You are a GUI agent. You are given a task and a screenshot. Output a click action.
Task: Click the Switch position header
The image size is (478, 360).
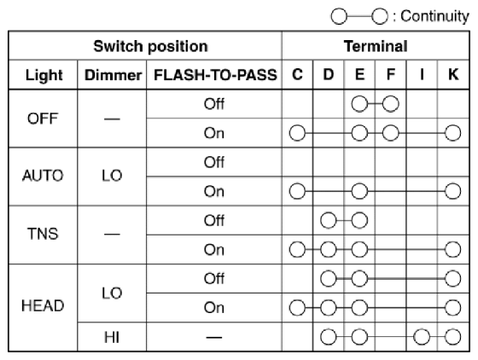[x=150, y=46]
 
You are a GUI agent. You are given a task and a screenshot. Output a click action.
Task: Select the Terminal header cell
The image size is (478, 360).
[x=376, y=46]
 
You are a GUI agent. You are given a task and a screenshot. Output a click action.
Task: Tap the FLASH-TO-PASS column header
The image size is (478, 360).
[x=215, y=75]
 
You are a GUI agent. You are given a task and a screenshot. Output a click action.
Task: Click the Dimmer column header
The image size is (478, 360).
[x=113, y=75]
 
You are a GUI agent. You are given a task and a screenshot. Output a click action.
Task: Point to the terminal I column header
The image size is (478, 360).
[x=422, y=74]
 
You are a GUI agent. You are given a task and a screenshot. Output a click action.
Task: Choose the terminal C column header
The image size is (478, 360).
[x=297, y=74]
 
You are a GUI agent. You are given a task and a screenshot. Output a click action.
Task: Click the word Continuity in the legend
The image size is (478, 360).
[x=434, y=16]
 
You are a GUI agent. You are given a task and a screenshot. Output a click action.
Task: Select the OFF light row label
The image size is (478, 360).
[x=43, y=119]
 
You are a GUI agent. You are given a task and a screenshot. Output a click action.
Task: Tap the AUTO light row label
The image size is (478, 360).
[x=43, y=176]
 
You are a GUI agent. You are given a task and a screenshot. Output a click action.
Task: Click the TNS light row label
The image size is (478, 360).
[x=43, y=234]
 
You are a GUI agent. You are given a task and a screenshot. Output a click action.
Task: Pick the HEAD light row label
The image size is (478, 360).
[x=43, y=305]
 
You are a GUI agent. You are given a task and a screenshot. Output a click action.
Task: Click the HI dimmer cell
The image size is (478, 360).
[x=112, y=337]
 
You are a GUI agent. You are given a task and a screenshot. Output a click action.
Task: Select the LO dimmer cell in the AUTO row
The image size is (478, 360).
[x=112, y=176]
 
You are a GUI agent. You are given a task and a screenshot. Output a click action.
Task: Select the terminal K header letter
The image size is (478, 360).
[x=453, y=74]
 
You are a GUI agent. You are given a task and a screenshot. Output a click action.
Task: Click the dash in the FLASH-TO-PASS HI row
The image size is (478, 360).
[x=214, y=337]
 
